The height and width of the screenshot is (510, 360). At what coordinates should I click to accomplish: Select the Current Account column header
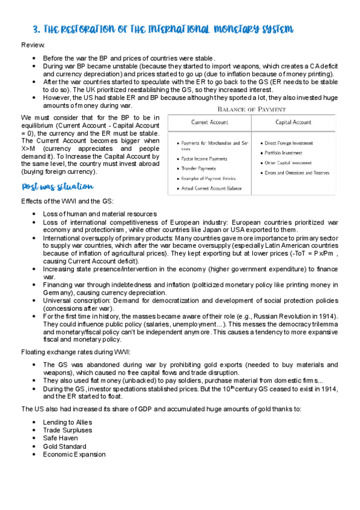[209, 122]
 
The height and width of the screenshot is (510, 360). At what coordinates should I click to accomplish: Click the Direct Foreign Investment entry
[293, 143]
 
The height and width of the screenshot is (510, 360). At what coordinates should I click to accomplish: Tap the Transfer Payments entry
[201, 168]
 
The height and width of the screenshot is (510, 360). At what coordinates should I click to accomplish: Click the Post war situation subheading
[57, 187]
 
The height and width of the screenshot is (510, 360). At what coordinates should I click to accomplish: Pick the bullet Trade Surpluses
[67, 430]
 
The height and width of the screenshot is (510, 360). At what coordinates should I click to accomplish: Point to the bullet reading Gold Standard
[64, 446]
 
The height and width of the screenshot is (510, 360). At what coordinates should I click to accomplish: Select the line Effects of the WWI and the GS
[66, 201]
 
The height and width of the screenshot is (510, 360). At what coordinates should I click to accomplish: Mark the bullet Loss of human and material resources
[100, 214]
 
